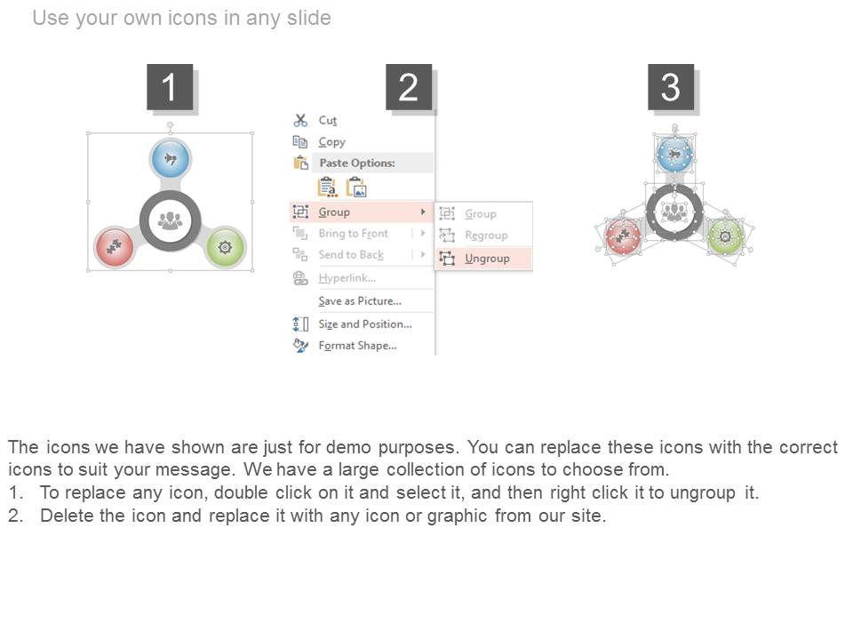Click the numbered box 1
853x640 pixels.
(x=170, y=87)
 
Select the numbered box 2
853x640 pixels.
(x=409, y=87)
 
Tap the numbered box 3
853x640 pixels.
(x=671, y=87)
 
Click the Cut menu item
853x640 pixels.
(x=328, y=120)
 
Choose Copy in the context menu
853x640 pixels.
(x=331, y=142)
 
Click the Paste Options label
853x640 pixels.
(x=357, y=163)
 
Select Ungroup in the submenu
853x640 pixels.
(x=487, y=259)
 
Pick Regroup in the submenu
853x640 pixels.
(x=486, y=235)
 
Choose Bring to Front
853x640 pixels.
(x=354, y=234)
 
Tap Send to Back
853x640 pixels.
(x=351, y=255)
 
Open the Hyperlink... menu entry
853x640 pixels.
(x=347, y=278)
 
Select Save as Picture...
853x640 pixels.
(x=360, y=301)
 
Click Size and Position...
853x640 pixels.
(x=365, y=324)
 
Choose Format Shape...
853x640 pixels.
(x=357, y=346)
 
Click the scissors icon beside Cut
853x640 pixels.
(x=300, y=120)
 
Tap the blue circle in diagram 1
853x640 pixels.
(x=171, y=158)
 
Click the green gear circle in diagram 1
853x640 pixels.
(x=226, y=248)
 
